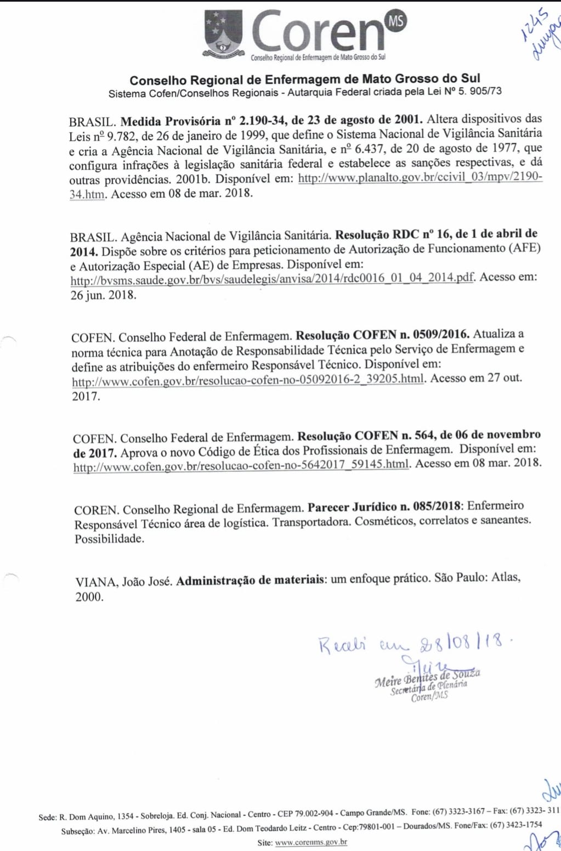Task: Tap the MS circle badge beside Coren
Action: click(x=396, y=21)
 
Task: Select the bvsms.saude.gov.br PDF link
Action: click(x=272, y=278)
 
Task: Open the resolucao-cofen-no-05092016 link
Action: click(x=248, y=380)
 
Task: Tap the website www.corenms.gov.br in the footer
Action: click(x=311, y=842)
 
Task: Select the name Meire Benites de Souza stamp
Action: click(x=428, y=678)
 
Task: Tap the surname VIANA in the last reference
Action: click(x=95, y=582)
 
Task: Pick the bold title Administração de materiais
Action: click(x=250, y=580)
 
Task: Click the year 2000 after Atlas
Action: click(x=89, y=597)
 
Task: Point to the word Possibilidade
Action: click(x=110, y=539)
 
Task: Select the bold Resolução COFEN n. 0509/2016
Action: click(x=382, y=334)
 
